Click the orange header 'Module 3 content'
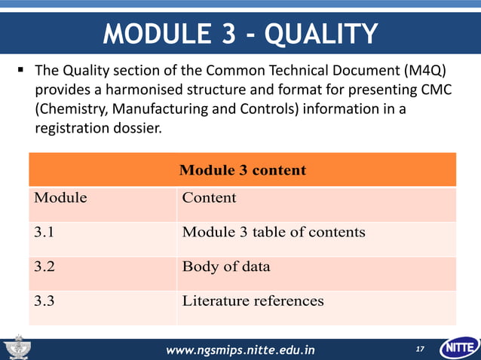coord(242,169)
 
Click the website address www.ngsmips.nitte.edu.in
coord(240,350)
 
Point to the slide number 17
coord(420,349)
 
